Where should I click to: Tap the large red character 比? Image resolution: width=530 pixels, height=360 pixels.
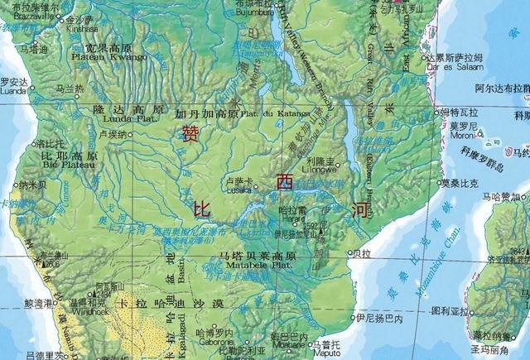(201, 209)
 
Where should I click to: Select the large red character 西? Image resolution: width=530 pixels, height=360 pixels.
(284, 181)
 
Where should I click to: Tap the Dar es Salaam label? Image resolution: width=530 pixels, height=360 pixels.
(446, 66)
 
